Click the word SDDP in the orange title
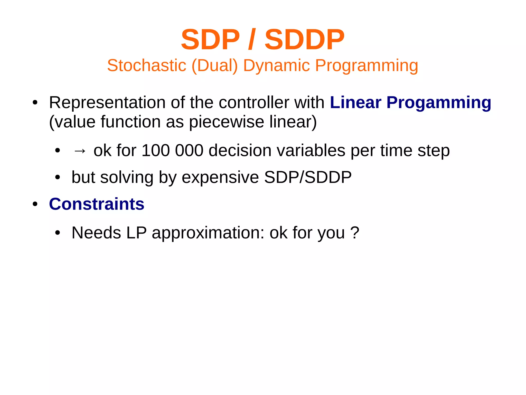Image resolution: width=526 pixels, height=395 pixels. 304,40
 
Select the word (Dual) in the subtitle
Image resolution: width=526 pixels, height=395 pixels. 215,65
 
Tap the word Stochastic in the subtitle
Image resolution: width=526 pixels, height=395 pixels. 147,65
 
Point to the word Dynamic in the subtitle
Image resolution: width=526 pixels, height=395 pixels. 277,65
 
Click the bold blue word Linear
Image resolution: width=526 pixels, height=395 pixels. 355,103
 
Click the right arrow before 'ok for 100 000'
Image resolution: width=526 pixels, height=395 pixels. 80,151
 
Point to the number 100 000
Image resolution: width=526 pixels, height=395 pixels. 172,151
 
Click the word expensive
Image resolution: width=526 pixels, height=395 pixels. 220,178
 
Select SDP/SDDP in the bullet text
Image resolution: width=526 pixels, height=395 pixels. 308,177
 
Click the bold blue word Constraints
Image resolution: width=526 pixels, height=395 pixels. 97,204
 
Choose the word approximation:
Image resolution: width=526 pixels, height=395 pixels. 208,233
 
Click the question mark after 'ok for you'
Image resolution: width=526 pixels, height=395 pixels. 355,233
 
